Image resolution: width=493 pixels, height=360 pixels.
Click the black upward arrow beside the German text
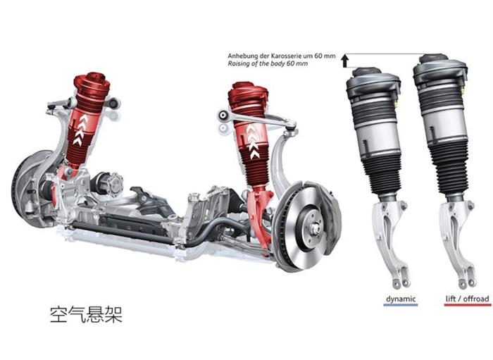click(345, 61)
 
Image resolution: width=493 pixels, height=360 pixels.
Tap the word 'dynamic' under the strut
click(401, 299)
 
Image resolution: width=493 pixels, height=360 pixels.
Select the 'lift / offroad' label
click(467, 299)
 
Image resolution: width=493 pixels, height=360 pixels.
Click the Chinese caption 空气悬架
click(86, 314)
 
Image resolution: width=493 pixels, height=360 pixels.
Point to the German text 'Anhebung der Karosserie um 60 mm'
click(282, 56)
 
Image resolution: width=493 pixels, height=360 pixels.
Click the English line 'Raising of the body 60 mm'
click(268, 63)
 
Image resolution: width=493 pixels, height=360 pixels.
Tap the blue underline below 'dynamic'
click(401, 304)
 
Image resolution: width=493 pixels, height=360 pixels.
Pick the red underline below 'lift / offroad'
click(467, 304)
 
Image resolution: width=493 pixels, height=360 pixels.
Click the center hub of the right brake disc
click(315, 228)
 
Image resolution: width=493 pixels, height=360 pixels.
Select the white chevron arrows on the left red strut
click(80, 130)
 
